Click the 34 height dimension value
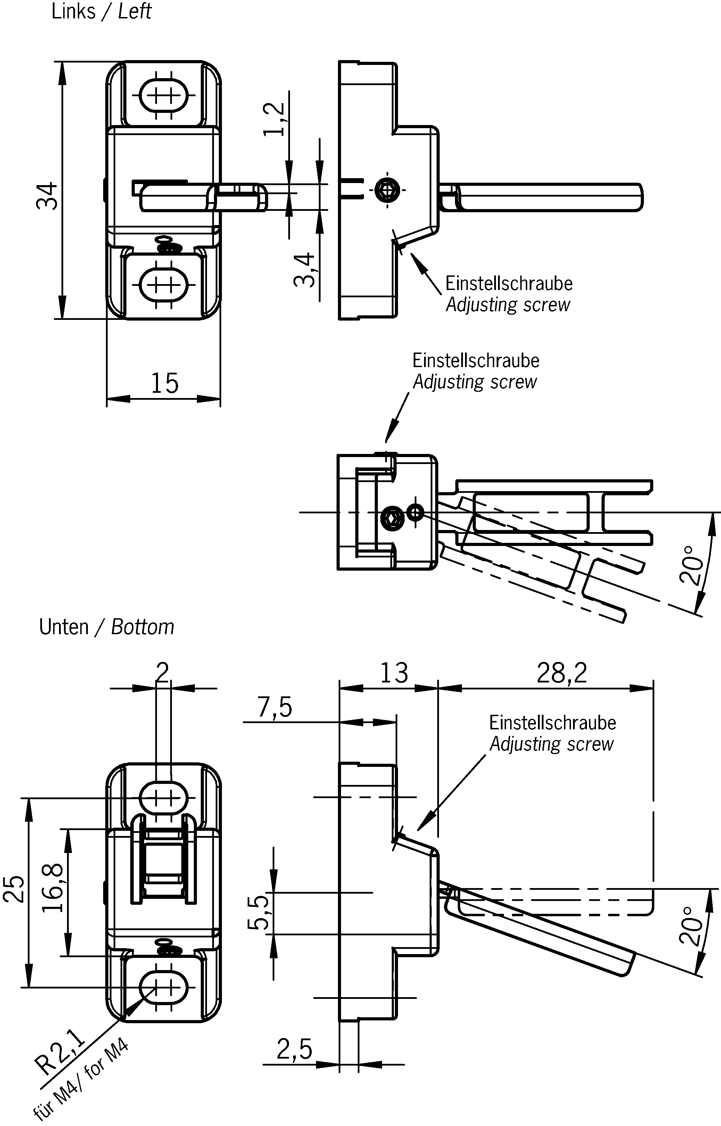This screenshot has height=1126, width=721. coord(47,196)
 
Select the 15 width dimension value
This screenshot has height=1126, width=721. coord(164,383)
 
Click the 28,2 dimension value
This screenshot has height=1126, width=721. coord(561,673)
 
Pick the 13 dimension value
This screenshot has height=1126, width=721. coord(394,673)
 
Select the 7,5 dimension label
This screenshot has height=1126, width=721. coord(275,707)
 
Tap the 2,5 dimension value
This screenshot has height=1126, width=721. coord(294,1049)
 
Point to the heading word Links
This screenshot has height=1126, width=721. coord(73,11)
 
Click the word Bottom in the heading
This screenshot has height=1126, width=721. coord(142,627)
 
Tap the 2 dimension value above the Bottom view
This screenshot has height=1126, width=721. coord(163,672)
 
